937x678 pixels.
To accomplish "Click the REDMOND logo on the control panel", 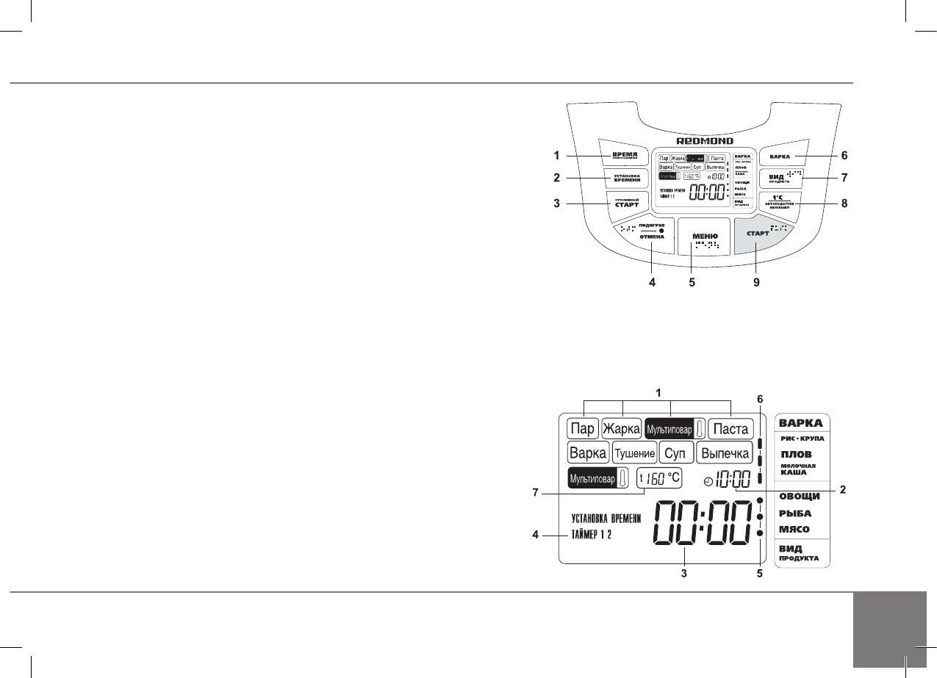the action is pyautogui.click(x=705, y=140).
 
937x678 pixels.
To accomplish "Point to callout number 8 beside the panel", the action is pyautogui.click(x=844, y=203).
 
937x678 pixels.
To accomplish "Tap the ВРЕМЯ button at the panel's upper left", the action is pyautogui.click(x=624, y=155).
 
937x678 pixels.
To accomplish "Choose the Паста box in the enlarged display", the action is pyautogui.click(x=730, y=428).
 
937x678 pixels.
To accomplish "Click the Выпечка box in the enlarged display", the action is pyautogui.click(x=724, y=452).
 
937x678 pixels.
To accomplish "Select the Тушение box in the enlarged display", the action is pyautogui.click(x=635, y=453).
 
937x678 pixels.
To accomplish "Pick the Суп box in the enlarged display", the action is pyautogui.click(x=676, y=452).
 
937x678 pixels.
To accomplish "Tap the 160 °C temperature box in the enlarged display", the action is pyautogui.click(x=660, y=477).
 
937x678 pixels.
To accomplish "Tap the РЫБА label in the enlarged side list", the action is pyautogui.click(x=796, y=513).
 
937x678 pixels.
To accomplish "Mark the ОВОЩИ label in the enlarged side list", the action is pyautogui.click(x=800, y=497).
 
